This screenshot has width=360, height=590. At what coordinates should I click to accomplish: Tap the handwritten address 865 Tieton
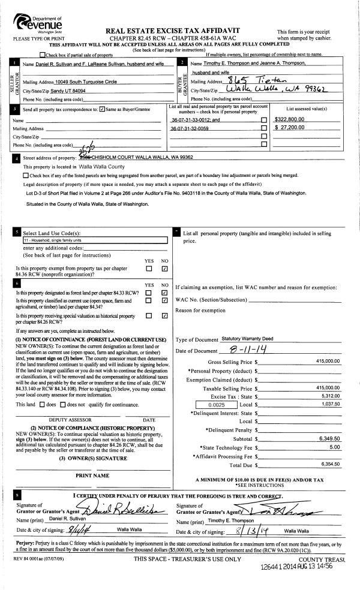click(247, 82)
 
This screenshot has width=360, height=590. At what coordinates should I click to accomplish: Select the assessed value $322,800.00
click(289, 119)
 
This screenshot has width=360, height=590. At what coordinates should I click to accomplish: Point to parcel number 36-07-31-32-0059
click(190, 128)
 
